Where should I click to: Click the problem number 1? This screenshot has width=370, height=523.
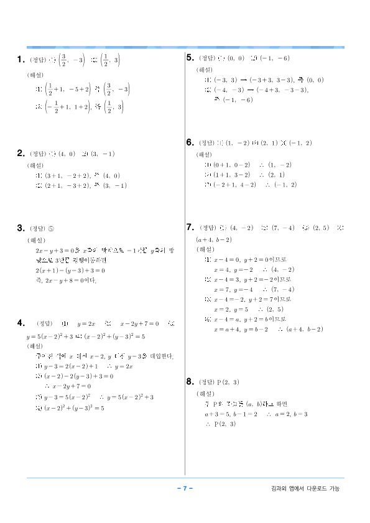point(21,60)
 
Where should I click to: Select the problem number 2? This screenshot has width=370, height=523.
point(21,154)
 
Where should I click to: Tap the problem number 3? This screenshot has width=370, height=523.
point(21,228)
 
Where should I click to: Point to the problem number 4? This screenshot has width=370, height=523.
point(21,323)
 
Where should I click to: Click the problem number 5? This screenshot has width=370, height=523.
point(190,58)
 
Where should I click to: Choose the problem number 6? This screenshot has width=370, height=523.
point(190,142)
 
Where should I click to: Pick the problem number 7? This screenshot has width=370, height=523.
point(190,228)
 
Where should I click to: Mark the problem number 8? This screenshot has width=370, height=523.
point(190,381)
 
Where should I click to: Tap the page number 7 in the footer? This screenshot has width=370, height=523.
point(185,488)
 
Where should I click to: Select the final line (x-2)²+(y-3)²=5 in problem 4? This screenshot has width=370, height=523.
point(70,409)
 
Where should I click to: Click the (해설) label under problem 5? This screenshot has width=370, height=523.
point(205,70)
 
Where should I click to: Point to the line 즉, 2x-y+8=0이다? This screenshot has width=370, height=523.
point(67,280)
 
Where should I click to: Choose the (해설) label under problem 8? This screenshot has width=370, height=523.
point(205,394)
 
